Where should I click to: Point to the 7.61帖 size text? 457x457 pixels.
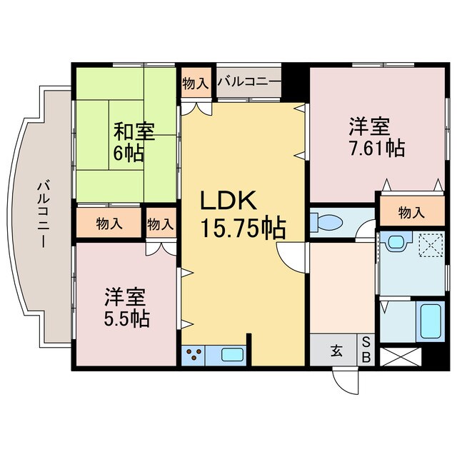(x=376, y=149)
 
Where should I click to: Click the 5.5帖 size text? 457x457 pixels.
(x=126, y=318)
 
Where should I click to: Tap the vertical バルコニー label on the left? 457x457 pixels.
(x=44, y=215)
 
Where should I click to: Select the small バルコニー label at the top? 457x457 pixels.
(x=249, y=82)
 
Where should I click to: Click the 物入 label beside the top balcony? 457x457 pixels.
(x=195, y=83)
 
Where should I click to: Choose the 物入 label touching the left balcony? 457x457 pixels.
(x=109, y=224)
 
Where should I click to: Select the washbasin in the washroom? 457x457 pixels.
(x=394, y=243)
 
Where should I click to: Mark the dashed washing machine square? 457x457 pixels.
(x=431, y=244)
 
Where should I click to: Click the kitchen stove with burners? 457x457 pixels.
(x=195, y=354)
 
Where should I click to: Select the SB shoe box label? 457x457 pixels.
(x=366, y=350)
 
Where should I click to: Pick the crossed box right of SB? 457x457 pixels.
(x=401, y=355)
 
